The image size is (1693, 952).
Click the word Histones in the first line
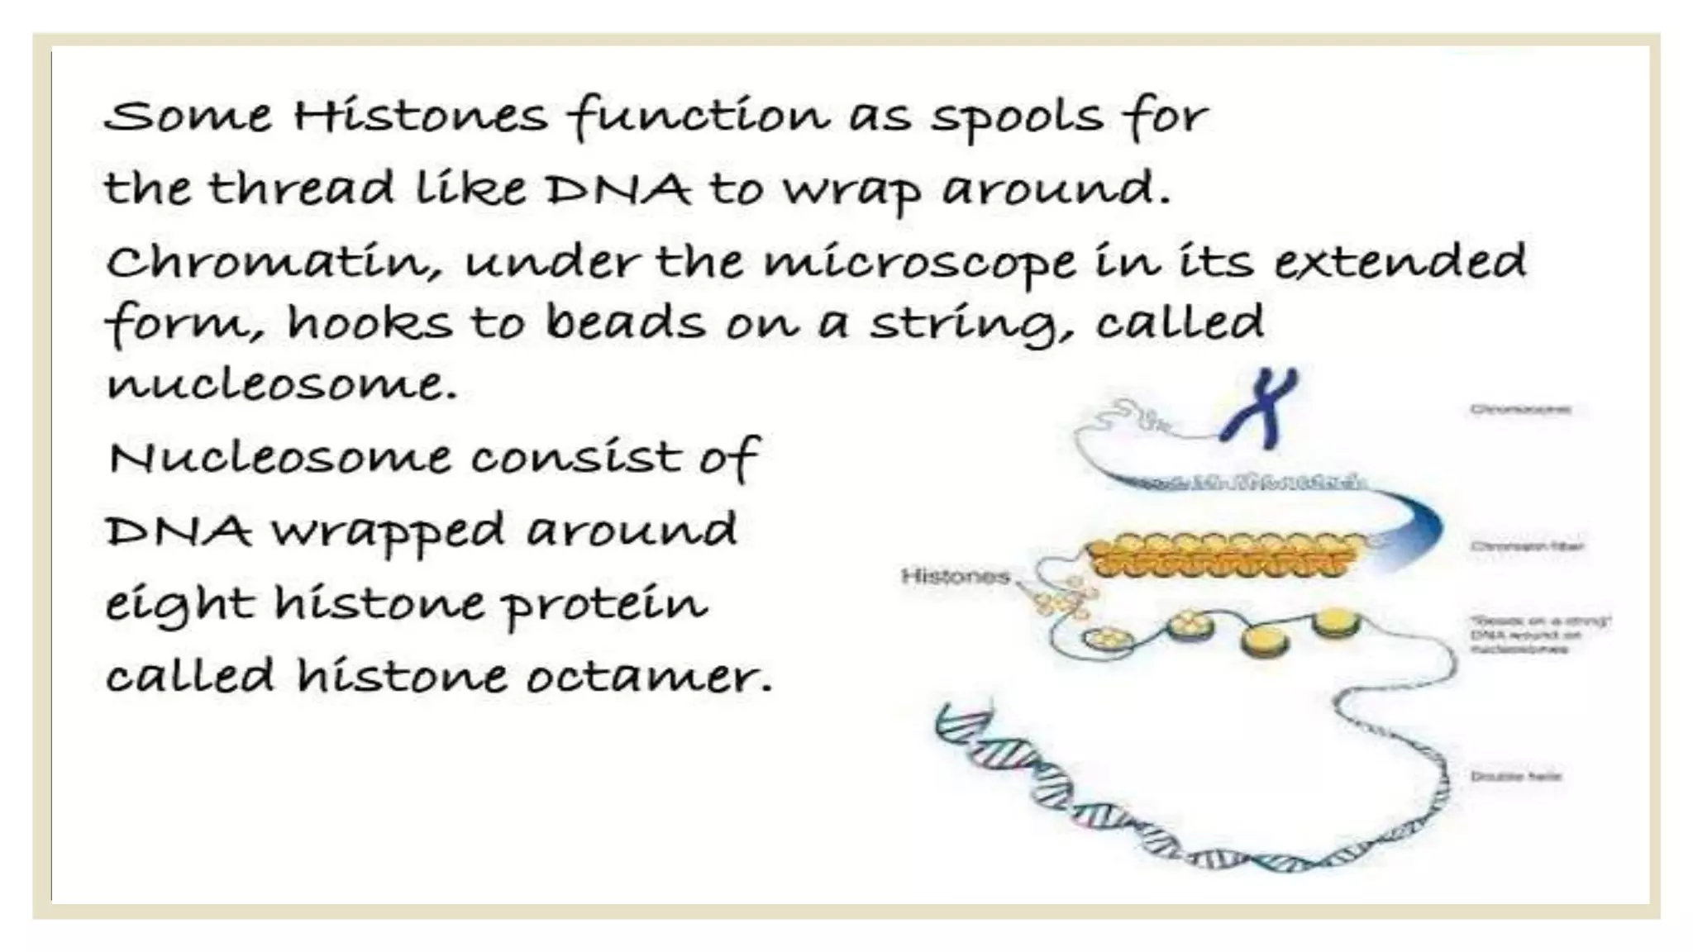point(420,116)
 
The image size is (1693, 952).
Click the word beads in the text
point(626,322)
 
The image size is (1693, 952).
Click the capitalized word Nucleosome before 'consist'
point(280,457)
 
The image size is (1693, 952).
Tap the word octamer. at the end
point(649,677)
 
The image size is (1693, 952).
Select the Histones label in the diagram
point(955,576)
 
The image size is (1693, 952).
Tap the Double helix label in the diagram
point(1515,776)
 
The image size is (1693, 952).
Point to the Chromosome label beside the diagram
point(1519,409)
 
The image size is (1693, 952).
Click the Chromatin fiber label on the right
point(1526,546)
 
